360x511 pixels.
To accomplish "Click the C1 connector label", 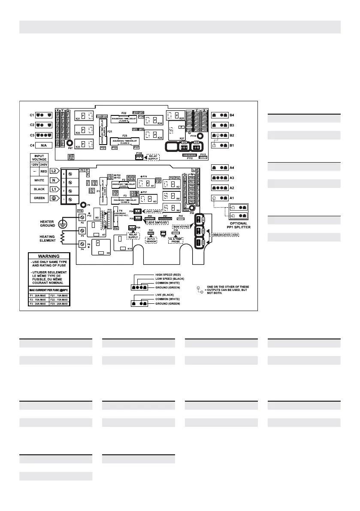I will [31, 115].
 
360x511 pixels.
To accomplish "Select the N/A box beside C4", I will [44, 145].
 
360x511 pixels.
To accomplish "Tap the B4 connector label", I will [244, 115].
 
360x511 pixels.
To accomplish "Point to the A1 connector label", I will [244, 198].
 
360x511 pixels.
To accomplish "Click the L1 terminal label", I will [55, 189].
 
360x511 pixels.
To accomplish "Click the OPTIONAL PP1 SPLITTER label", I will [239, 226].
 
